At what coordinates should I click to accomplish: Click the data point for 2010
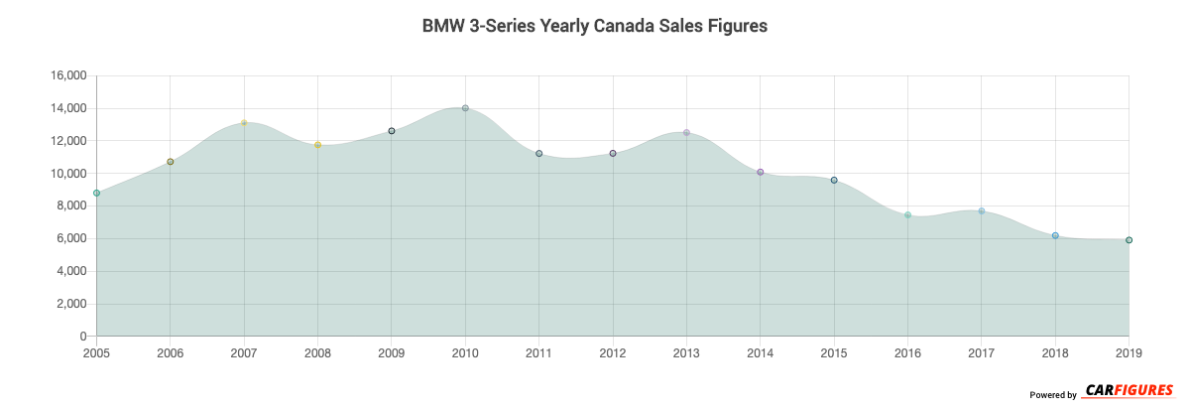click(465, 108)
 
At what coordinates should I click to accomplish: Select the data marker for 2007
click(244, 123)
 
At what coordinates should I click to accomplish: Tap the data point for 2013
click(686, 133)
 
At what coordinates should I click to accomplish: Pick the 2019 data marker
click(1129, 240)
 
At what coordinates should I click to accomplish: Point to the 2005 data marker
click(96, 193)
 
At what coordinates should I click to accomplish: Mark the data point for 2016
click(907, 214)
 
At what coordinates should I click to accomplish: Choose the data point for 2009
click(392, 131)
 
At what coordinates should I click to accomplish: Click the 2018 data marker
click(1055, 235)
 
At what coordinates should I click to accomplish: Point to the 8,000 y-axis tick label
click(71, 206)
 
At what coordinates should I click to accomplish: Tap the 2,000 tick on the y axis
click(71, 304)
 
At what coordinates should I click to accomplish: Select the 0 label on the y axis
click(83, 337)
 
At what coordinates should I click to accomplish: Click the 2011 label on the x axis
click(538, 352)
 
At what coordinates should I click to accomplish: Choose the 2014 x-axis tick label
click(760, 352)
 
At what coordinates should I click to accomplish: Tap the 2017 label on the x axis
click(981, 352)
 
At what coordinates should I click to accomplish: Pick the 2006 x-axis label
click(171, 352)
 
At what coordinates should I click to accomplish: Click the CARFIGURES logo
click(1129, 390)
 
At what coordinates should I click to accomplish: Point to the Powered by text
click(1052, 395)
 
